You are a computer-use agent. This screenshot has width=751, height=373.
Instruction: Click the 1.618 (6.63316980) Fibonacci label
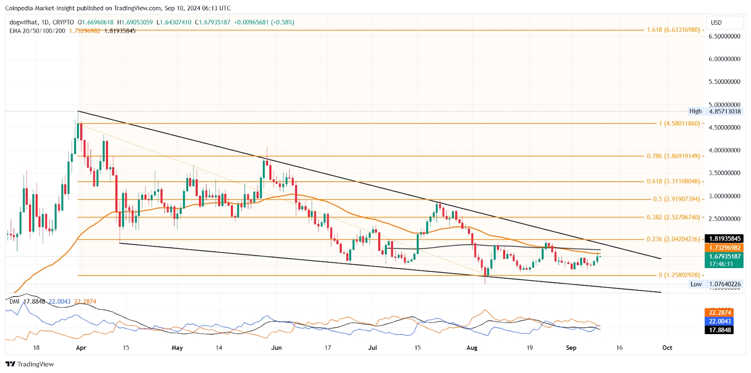[673, 30]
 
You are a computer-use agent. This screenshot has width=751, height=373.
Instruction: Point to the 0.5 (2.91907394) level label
[676, 199]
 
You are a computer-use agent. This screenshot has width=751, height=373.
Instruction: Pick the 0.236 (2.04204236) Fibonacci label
[673, 239]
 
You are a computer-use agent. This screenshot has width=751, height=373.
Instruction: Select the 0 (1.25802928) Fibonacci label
[679, 275]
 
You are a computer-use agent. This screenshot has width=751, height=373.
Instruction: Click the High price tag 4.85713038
[725, 112]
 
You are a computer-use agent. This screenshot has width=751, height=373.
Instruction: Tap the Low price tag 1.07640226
[725, 284]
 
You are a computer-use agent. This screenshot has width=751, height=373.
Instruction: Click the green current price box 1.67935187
[725, 257]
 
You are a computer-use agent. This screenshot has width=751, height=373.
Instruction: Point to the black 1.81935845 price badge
[725, 239]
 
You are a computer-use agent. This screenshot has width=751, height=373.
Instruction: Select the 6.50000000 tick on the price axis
[724, 36]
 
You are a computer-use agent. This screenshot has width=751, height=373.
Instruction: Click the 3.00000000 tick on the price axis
[724, 196]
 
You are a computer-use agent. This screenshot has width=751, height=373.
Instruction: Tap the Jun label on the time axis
[276, 348]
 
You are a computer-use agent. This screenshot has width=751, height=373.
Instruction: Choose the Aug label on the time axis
[472, 348]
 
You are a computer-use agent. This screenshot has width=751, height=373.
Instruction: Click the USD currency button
[716, 22]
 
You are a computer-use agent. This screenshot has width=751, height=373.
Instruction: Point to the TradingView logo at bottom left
[30, 364]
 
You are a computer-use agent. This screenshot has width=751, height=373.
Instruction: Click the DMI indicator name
[15, 301]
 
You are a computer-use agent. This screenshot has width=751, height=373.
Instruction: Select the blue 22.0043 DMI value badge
[720, 321]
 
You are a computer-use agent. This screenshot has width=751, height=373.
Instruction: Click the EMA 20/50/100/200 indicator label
[38, 31]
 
